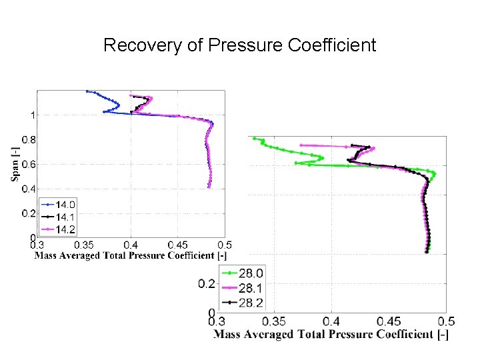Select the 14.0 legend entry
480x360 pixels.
click(x=65, y=205)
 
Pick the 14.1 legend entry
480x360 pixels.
click(x=65, y=217)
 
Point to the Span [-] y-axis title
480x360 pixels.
click(x=14, y=163)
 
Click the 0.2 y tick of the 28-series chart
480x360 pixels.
click(x=206, y=284)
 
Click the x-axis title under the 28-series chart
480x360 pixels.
click(x=330, y=334)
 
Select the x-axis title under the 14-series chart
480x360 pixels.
click(x=131, y=255)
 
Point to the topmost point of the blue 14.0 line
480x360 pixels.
click(x=87, y=91)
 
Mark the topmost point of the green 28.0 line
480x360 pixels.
click(x=253, y=139)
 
